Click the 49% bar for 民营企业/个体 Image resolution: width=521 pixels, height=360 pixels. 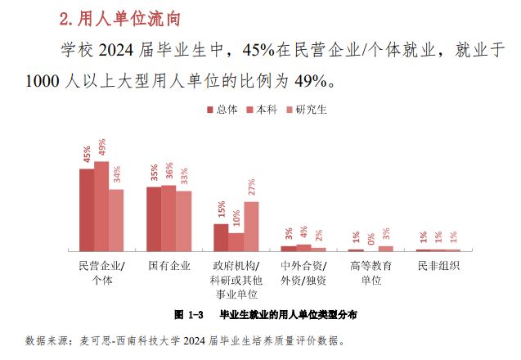[101, 205]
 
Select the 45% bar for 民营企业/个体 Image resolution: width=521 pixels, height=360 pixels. [87, 209]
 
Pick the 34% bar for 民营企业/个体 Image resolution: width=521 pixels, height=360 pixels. [116, 219]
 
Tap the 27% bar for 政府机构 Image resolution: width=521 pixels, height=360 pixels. [251, 226]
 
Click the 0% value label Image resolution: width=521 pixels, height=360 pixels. [371, 238]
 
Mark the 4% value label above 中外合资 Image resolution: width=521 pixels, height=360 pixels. [303, 232]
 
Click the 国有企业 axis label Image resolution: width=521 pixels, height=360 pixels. [168, 266]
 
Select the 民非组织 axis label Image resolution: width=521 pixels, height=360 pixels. [438, 266]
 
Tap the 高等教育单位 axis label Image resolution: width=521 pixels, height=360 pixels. [371, 273]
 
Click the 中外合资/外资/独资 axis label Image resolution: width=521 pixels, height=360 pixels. [303, 273]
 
